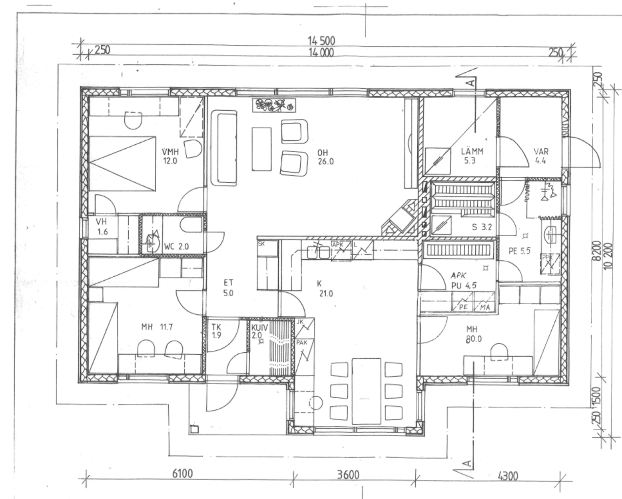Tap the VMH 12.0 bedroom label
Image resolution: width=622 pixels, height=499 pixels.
click(x=170, y=156)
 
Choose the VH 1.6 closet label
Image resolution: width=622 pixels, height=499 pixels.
click(x=101, y=228)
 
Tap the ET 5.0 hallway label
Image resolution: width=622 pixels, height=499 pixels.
click(x=229, y=288)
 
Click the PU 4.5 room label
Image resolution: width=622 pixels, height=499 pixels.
click(x=463, y=286)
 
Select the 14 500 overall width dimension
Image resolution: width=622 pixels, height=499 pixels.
click(x=321, y=41)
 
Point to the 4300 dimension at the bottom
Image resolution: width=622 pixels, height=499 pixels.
click(x=507, y=476)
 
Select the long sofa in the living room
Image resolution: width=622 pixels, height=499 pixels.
click(x=224, y=148)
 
